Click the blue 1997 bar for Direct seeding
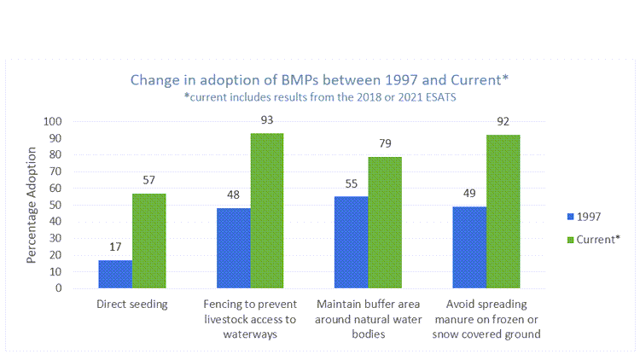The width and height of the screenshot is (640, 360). [115, 274]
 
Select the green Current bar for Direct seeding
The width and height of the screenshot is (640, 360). [148, 241]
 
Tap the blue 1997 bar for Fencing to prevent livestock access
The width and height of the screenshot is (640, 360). [233, 248]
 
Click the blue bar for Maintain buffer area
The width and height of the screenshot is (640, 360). [352, 242]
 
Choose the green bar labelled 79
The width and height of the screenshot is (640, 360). [385, 223]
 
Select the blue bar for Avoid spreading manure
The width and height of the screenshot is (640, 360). [469, 247]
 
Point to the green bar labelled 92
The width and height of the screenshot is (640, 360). [503, 212]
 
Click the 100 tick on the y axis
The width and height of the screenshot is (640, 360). [77, 122]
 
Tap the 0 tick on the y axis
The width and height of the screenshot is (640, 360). [82, 288]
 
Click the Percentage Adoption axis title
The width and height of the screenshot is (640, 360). [32, 205]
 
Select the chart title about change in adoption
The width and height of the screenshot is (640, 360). [319, 80]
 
